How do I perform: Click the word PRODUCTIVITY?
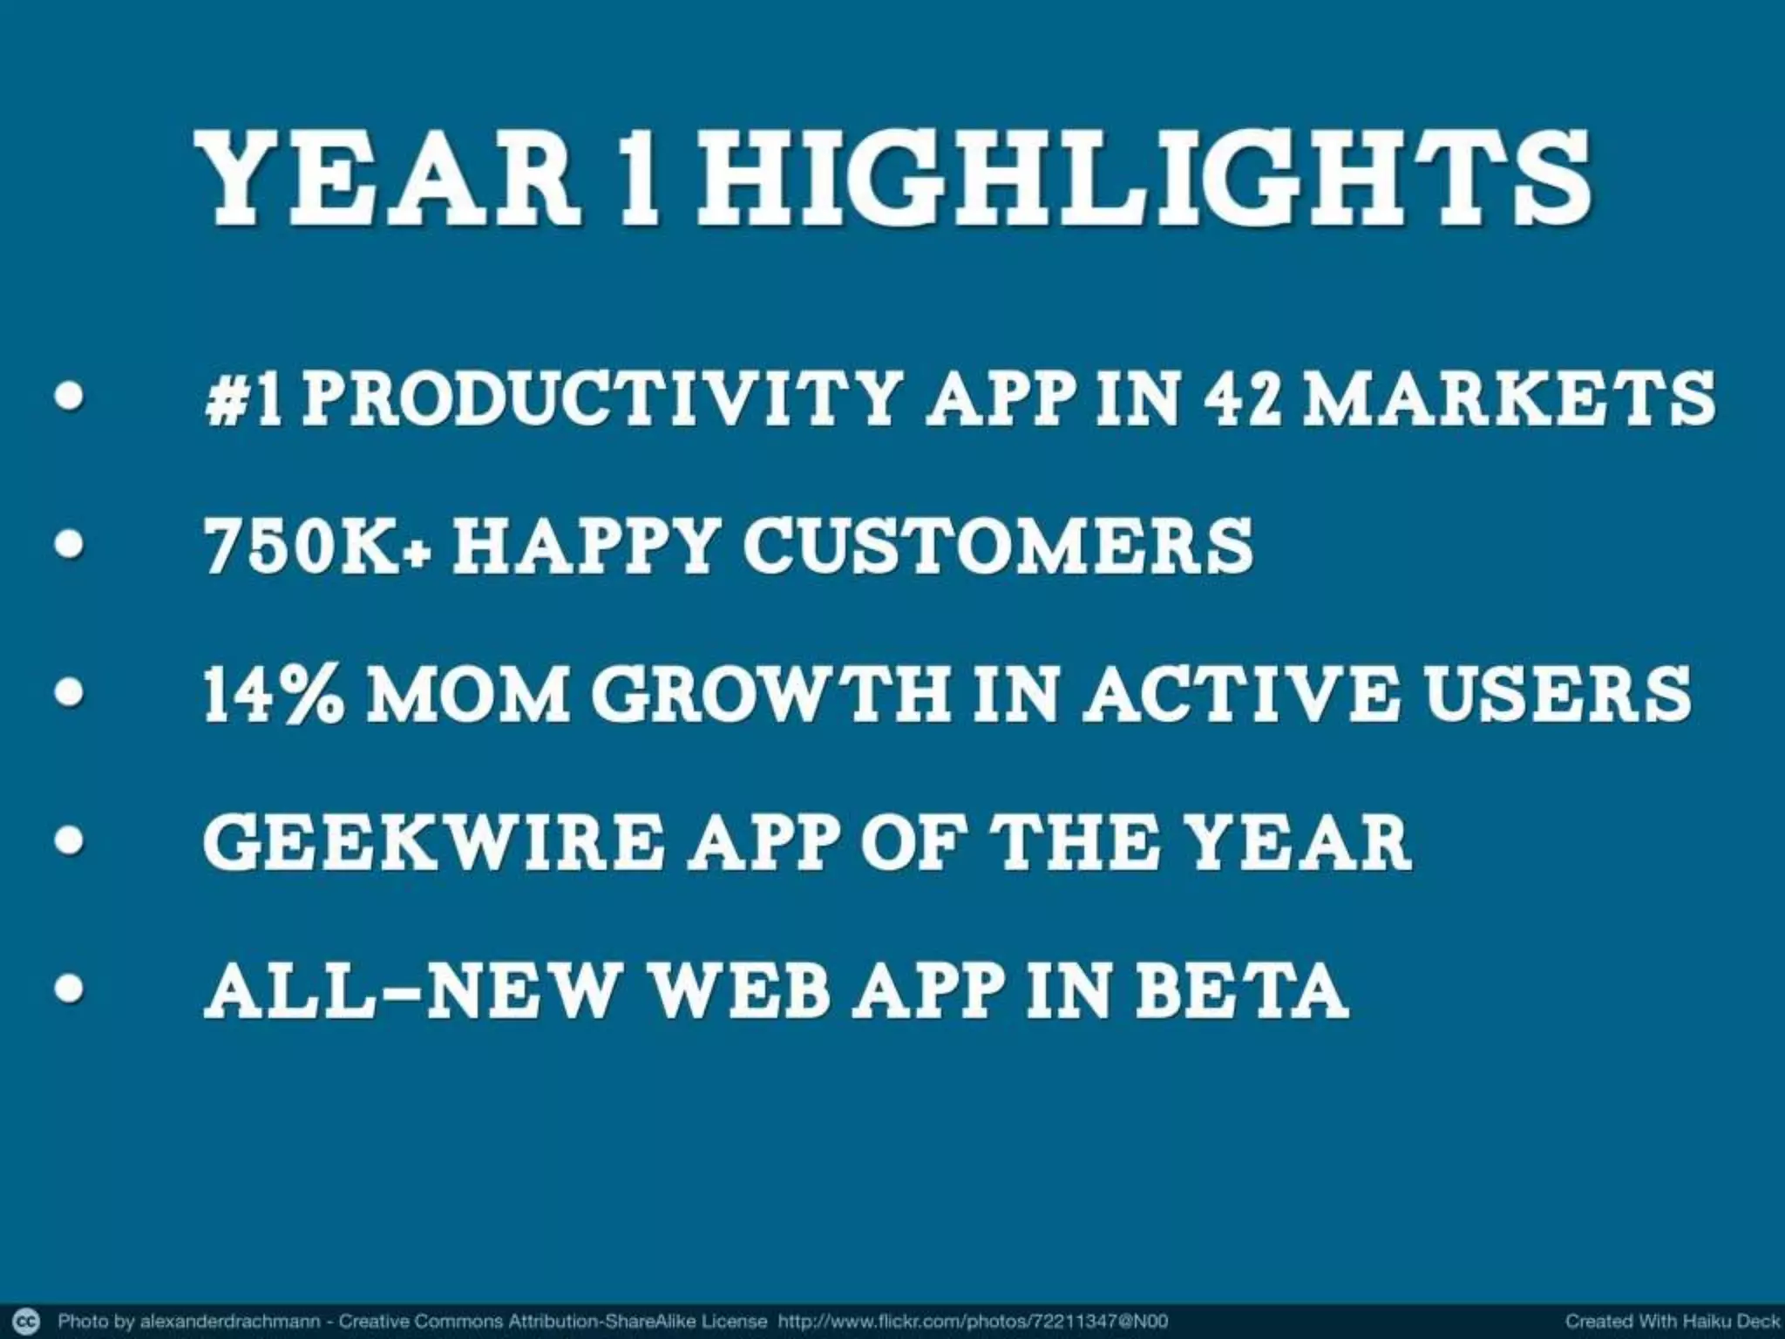601,399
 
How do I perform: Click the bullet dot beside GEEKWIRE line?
69,841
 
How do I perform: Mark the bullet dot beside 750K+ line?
69,545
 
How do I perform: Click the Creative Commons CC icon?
29,1320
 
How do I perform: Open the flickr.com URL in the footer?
973,1321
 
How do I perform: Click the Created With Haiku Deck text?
1672,1321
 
